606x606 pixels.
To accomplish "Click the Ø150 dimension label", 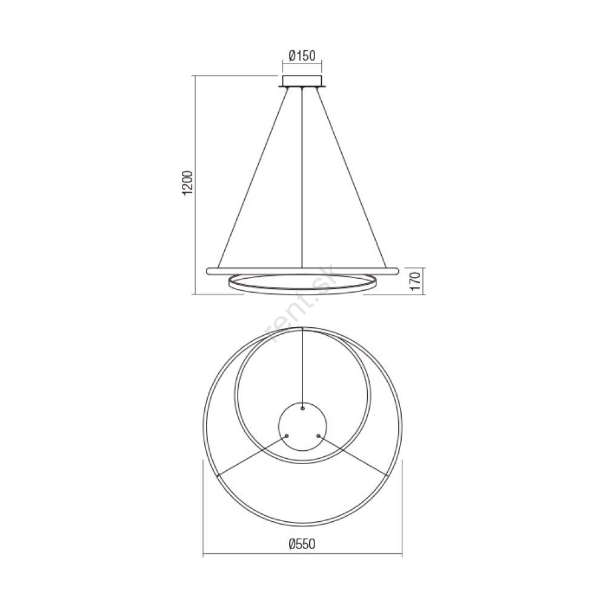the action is click(302, 56).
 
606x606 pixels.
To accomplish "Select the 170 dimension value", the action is click(416, 281).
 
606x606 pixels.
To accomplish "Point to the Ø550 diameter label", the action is click(302, 544).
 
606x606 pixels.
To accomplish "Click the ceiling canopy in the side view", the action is click(302, 82).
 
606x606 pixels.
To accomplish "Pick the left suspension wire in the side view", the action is click(253, 178).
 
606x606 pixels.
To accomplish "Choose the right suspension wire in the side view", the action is click(351, 178).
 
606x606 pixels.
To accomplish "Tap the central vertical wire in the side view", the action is click(302, 178).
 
